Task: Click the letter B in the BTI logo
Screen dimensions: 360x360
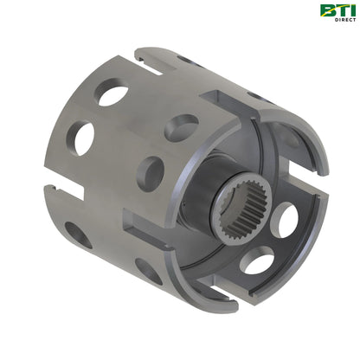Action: (x=326, y=10)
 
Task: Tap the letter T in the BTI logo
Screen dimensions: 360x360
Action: (x=341, y=10)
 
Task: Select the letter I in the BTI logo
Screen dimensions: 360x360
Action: (x=352, y=10)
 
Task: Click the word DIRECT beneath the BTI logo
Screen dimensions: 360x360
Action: (x=345, y=20)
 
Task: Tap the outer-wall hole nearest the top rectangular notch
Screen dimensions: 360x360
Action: (x=181, y=128)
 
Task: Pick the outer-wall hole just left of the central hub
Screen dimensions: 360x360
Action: (x=150, y=174)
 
